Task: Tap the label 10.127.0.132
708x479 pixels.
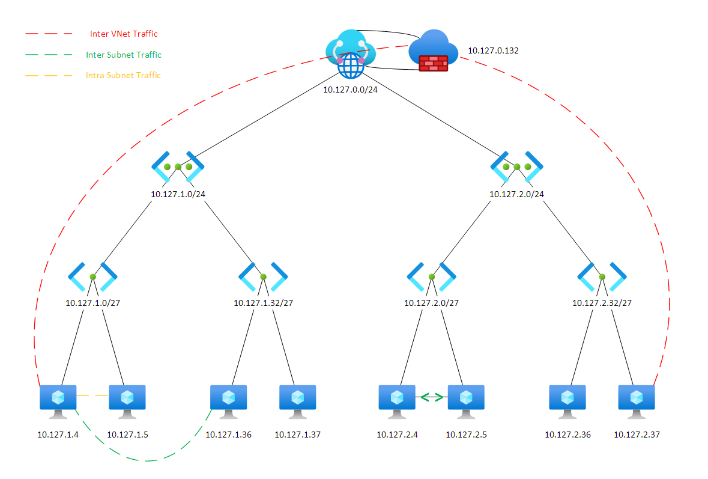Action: point(493,51)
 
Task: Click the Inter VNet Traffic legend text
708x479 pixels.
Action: point(124,34)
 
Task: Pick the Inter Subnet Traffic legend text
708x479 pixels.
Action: point(124,55)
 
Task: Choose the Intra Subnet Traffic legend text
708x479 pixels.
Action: point(124,75)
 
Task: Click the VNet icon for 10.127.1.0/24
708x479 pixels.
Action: point(178,166)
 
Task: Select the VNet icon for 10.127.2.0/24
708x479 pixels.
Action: point(517,166)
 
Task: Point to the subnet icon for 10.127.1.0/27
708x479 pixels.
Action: point(92,277)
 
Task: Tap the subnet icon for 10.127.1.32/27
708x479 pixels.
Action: point(263,277)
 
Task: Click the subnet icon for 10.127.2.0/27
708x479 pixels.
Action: point(431,277)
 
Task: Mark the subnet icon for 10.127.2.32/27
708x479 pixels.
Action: point(602,277)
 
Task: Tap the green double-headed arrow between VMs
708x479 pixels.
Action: point(431,397)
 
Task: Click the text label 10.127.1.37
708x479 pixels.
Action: point(297,435)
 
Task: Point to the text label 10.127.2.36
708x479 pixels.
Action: point(567,435)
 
